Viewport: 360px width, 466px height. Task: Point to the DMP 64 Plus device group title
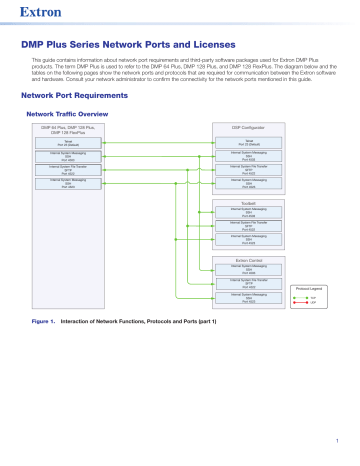[68, 131]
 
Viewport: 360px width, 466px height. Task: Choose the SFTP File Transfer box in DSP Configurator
[248, 169]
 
